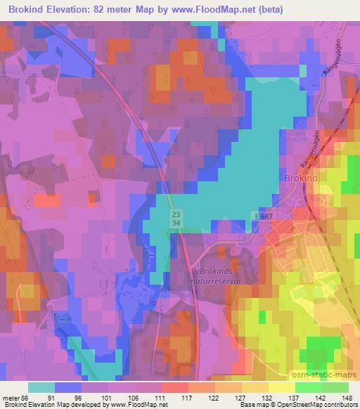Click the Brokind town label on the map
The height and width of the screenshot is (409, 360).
click(x=302, y=178)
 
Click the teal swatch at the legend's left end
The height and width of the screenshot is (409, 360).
click(x=41, y=387)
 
